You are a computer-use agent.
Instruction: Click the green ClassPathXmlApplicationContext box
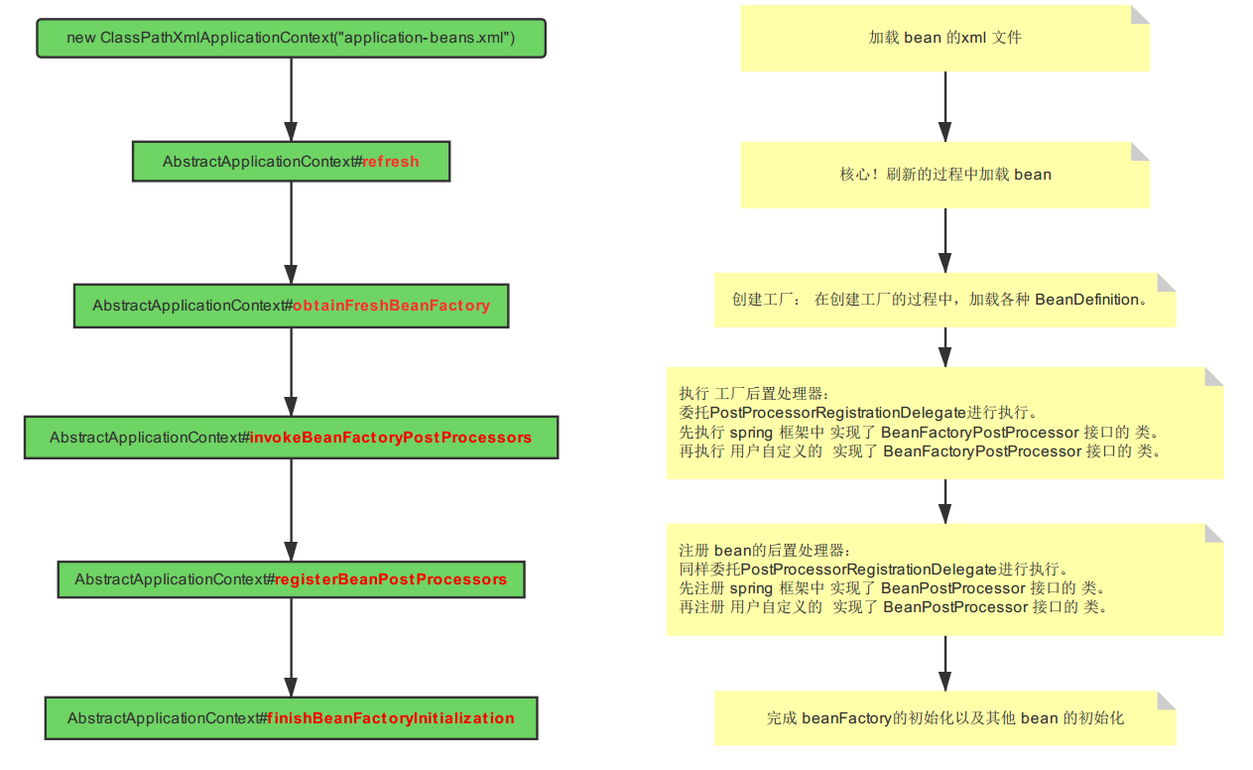click(291, 38)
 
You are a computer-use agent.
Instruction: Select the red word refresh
click(391, 162)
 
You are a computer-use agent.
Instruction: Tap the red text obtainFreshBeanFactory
click(391, 306)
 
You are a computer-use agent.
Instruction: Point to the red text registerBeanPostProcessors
click(391, 579)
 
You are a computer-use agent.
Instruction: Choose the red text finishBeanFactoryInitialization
click(391, 718)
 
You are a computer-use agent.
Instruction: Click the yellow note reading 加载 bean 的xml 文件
click(944, 38)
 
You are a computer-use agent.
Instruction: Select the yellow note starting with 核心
click(944, 175)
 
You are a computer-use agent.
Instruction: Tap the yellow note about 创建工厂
click(944, 300)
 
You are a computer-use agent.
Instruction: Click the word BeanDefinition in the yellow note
click(1086, 300)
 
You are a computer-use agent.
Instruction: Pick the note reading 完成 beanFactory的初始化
click(944, 717)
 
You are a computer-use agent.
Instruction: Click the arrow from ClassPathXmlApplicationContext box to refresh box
click(291, 99)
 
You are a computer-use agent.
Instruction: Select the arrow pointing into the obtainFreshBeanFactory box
click(291, 234)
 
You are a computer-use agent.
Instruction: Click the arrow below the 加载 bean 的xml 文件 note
click(944, 106)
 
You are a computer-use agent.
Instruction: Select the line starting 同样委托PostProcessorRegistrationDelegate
click(873, 570)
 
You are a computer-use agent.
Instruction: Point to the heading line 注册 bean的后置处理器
click(765, 551)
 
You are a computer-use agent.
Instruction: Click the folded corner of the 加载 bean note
click(1140, 15)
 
